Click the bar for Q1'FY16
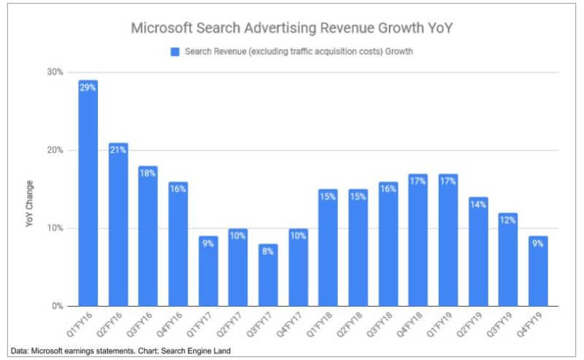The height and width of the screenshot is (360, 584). tap(88, 194)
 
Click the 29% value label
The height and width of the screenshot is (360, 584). tap(88, 87)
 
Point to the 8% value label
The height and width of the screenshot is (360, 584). tap(267, 250)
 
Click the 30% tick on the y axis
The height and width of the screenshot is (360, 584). tap(55, 72)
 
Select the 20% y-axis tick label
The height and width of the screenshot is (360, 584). tap(55, 150)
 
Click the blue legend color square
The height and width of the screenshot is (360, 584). tap(174, 52)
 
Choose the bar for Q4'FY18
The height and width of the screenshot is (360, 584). tap(417, 240)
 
